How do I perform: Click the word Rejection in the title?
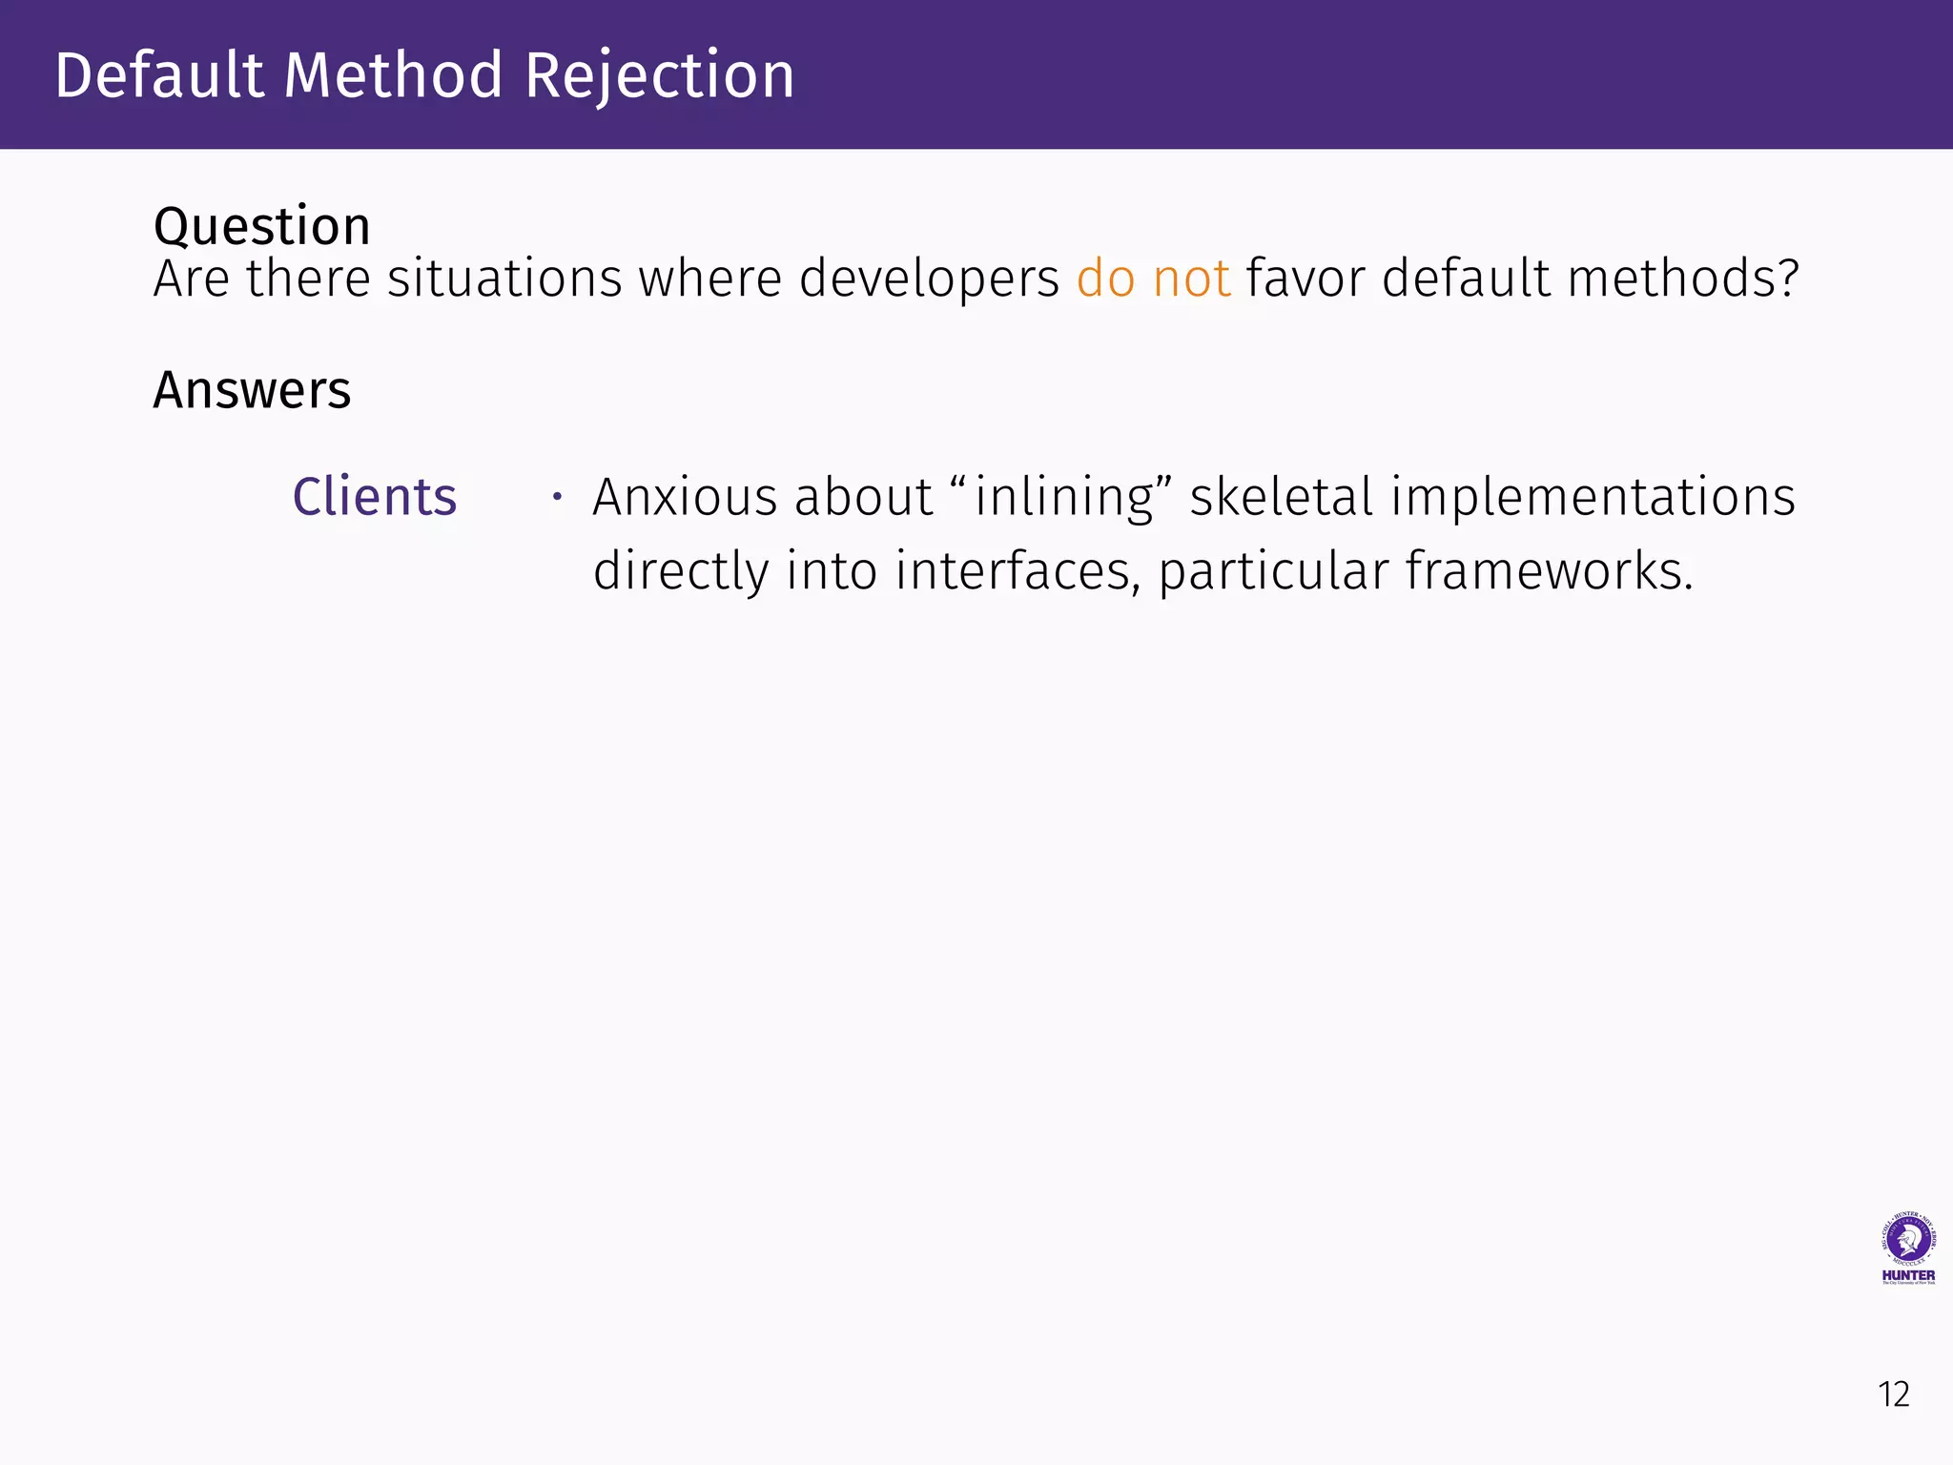[x=659, y=75]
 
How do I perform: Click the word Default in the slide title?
[x=158, y=75]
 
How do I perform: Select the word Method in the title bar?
[x=393, y=75]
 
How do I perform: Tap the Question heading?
[x=261, y=227]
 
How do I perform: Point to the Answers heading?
[x=252, y=390]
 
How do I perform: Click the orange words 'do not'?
[x=1153, y=279]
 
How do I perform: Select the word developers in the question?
[x=929, y=279]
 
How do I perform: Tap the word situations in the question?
[x=504, y=279]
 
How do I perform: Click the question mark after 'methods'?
[x=1786, y=279]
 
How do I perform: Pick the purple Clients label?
[x=375, y=497]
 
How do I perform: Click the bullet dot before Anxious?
[x=558, y=496]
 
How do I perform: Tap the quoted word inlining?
[x=1063, y=497]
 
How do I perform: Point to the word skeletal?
[x=1281, y=497]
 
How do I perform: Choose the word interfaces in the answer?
[x=1017, y=570]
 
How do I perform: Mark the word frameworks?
[x=1549, y=570]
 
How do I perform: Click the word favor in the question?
[x=1305, y=279]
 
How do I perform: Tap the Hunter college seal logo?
[x=1908, y=1241]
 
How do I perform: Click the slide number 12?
[x=1894, y=1394]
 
